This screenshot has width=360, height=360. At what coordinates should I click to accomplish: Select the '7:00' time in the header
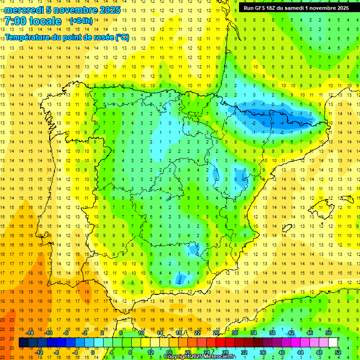(x=15, y=22)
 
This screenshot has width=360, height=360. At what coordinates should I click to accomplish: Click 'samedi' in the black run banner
(x=296, y=8)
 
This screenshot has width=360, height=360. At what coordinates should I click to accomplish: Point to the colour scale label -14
(x=30, y=333)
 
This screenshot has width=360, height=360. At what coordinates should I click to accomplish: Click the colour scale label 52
(x=338, y=352)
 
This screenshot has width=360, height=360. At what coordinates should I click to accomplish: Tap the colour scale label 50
(x=329, y=333)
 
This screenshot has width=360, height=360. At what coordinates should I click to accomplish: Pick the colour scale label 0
(x=93, y=352)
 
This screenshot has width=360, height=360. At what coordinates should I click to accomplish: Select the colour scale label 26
(x=216, y=333)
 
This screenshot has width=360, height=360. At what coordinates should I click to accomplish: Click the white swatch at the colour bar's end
(x=333, y=343)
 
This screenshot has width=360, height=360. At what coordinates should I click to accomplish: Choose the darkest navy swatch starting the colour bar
(x=23, y=343)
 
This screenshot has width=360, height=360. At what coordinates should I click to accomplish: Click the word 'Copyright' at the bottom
(x=180, y=357)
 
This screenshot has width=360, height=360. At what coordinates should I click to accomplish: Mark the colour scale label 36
(x=263, y=352)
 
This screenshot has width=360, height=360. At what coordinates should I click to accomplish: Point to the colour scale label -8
(x=57, y=352)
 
